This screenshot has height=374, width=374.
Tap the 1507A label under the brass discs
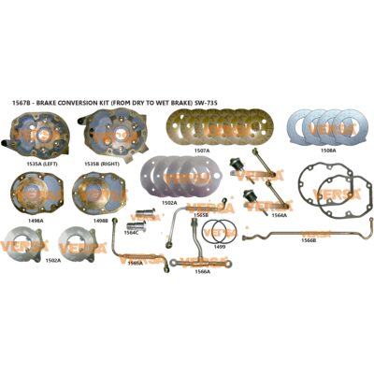202,148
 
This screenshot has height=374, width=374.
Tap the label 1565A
135,263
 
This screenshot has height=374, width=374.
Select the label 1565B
201,214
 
